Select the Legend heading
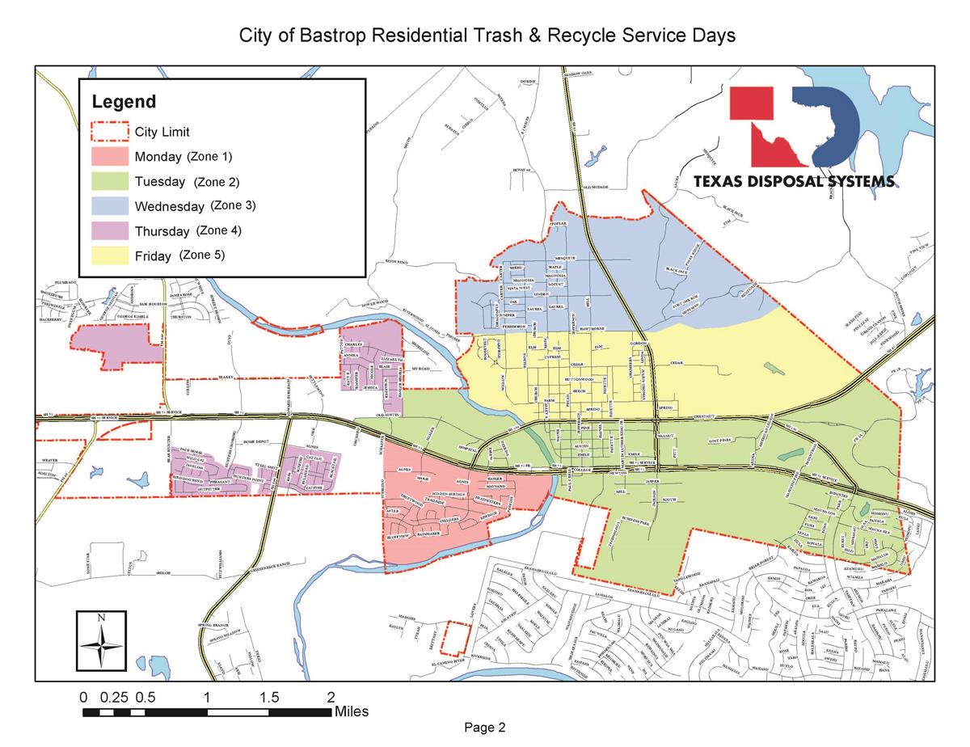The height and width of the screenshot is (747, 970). pos(124,102)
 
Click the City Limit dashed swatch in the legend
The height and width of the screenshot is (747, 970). pos(110,131)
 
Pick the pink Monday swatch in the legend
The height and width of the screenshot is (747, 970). pos(110,156)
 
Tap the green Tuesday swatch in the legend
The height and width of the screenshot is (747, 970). pos(110,181)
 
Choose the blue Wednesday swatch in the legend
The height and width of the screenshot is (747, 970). pos(110,206)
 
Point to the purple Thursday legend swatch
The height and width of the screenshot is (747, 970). pos(110,231)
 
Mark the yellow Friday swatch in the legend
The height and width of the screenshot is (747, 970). pos(110,256)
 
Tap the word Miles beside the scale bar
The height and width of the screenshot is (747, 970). pos(351,712)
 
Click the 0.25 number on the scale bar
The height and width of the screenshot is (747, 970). pos(115,696)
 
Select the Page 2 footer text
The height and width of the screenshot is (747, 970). pos(485,728)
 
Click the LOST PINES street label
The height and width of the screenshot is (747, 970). pos(719,441)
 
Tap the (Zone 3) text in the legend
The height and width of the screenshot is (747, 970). pos(233,205)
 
